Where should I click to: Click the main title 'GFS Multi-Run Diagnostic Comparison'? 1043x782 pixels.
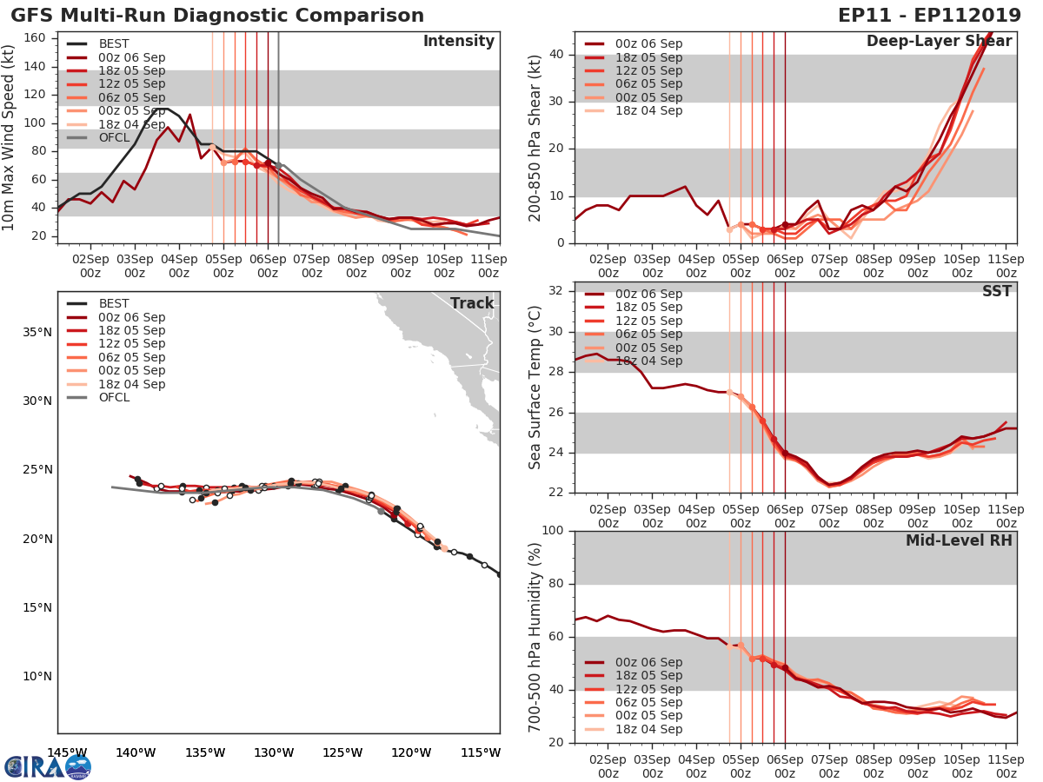(x=217, y=16)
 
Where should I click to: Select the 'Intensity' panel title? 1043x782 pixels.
(x=458, y=42)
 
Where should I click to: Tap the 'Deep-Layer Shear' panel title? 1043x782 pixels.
(x=939, y=42)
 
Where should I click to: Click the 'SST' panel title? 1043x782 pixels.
(x=996, y=291)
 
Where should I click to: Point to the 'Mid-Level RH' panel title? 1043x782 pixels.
(x=959, y=540)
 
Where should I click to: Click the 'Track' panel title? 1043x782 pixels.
(x=472, y=303)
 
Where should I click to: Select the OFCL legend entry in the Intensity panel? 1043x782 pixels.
(x=114, y=137)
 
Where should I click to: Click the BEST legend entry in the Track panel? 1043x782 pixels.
(x=114, y=304)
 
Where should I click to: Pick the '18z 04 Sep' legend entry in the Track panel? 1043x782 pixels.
(x=130, y=384)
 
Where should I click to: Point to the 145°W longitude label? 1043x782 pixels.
(x=66, y=752)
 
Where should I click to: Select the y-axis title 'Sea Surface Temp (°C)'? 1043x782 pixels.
(x=535, y=387)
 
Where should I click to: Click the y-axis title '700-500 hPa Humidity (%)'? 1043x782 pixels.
(x=535, y=636)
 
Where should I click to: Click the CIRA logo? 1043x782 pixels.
(x=47, y=766)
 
